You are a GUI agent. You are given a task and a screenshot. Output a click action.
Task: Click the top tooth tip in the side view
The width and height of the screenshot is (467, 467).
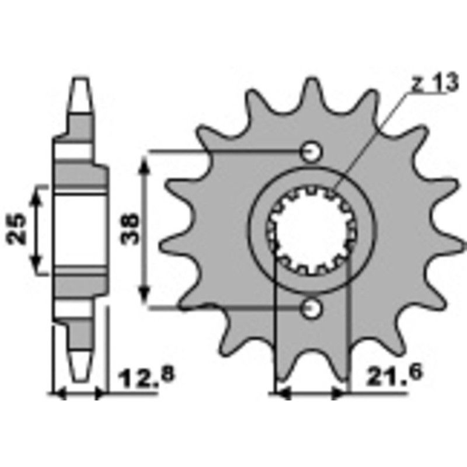pyautogui.click(x=81, y=88)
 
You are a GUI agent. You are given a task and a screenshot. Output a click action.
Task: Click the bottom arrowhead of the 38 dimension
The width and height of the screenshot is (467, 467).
pyautogui.click(x=146, y=297)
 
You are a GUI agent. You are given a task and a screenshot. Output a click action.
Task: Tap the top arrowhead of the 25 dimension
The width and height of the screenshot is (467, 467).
pyautogui.click(x=39, y=193)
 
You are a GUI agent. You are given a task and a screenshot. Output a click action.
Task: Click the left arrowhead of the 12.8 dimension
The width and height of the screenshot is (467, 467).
pyautogui.click(x=59, y=395)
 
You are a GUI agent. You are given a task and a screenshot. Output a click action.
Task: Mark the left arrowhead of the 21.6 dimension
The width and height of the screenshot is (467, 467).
pyautogui.click(x=281, y=395)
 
